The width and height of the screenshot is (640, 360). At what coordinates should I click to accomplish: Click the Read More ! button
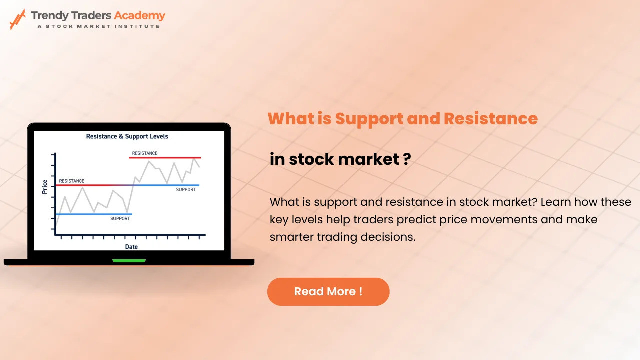(x=328, y=291)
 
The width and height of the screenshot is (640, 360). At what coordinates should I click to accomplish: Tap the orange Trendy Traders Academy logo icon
(x=18, y=19)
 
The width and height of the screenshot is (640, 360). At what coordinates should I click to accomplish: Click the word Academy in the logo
(x=139, y=16)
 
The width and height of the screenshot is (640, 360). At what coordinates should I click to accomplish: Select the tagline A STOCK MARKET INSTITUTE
(x=99, y=26)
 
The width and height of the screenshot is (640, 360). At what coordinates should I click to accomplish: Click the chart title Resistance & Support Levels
(x=127, y=136)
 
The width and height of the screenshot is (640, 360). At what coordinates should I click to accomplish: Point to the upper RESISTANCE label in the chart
(x=145, y=153)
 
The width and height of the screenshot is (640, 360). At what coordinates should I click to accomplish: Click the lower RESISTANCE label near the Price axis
(x=71, y=181)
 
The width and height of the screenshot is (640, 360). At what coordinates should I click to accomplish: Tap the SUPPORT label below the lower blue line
(x=120, y=219)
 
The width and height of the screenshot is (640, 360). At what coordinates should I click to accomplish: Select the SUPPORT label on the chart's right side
(x=186, y=189)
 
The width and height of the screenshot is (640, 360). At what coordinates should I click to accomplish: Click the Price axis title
(x=45, y=187)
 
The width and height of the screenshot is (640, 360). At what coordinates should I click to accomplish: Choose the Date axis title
(x=131, y=247)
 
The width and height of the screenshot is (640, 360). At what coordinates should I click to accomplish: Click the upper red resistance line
(x=165, y=157)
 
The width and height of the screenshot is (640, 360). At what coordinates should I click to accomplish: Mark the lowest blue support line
(x=94, y=214)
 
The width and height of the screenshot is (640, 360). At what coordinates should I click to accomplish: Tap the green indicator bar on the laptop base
(x=129, y=261)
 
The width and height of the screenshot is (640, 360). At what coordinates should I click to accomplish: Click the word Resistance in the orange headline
(x=491, y=118)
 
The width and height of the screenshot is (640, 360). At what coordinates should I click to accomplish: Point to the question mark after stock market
(x=407, y=159)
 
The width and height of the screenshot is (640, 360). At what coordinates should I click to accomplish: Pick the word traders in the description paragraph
(x=373, y=219)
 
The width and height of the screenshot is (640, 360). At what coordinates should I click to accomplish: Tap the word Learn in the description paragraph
(x=555, y=202)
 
